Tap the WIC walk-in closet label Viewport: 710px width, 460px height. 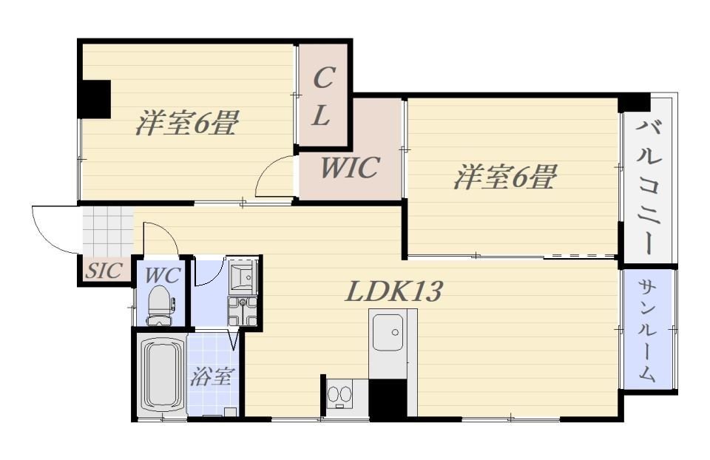[x=350, y=168]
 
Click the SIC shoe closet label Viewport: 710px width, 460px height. [x=104, y=271]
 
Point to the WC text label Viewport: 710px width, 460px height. [x=163, y=275]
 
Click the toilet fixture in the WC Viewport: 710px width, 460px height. [x=160, y=305]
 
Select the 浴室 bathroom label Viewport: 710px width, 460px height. [x=212, y=376]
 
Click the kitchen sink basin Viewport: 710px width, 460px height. [x=388, y=333]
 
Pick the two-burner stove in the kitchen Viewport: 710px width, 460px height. [x=339, y=393]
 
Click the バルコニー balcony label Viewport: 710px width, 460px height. [x=648, y=186]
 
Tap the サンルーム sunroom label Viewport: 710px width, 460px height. [x=647, y=330]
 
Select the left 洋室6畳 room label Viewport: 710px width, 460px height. [x=186, y=122]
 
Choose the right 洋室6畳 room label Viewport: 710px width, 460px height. [x=504, y=177]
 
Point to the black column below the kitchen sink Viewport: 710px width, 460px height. [x=388, y=398]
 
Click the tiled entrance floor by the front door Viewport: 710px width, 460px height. [x=108, y=231]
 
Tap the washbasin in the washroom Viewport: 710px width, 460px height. [x=243, y=275]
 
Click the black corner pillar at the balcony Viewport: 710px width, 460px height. [x=635, y=102]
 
